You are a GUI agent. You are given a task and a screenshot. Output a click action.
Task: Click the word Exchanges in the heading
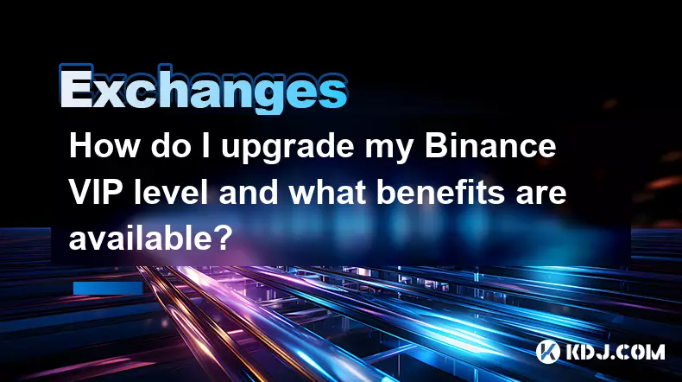[x=203, y=89]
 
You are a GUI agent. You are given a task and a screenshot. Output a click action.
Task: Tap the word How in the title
[x=104, y=145]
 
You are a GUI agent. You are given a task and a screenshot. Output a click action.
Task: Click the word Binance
[x=490, y=145]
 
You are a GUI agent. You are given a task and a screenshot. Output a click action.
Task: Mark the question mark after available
[x=222, y=239]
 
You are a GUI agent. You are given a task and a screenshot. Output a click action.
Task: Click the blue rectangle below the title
[x=108, y=288]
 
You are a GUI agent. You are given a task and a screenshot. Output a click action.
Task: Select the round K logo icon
[x=547, y=352]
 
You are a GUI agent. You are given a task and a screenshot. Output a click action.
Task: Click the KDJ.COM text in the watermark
[x=615, y=352]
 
